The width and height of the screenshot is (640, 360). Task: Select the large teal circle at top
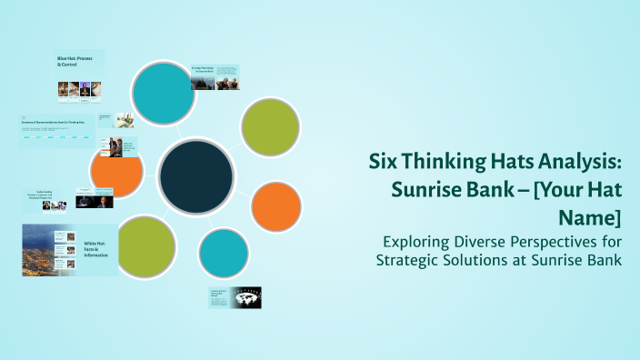point(163,92)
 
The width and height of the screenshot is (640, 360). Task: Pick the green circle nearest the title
point(270,124)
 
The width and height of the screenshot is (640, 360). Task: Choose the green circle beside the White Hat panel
point(145,247)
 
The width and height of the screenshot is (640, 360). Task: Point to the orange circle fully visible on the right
point(275,206)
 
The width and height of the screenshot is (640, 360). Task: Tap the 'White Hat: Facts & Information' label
point(95,247)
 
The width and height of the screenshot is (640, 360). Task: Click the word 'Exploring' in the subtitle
point(415,243)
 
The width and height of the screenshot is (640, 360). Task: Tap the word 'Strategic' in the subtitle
point(410,261)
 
